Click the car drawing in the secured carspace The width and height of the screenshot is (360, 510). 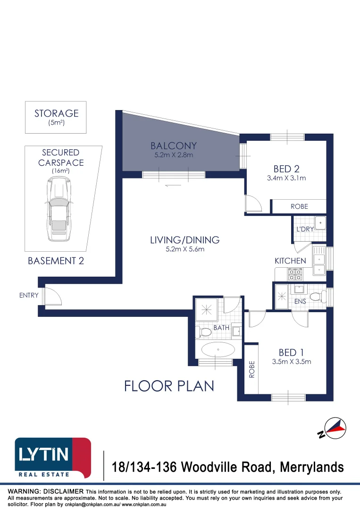[x=59, y=209]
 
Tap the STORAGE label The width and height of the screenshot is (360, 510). [x=57, y=113]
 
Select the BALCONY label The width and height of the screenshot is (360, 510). [x=174, y=146]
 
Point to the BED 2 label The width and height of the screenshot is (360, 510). [x=286, y=169]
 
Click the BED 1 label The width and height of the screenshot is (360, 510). [x=291, y=352]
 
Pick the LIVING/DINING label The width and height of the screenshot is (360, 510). [x=185, y=240]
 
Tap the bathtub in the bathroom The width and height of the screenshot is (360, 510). [x=218, y=350]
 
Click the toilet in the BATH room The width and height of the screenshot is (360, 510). [x=203, y=332]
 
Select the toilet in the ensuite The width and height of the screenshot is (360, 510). [x=318, y=296]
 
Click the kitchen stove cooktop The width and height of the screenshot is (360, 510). [x=295, y=274]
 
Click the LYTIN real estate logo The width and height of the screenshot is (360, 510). [x=53, y=458]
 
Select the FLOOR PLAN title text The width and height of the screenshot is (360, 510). [x=169, y=386]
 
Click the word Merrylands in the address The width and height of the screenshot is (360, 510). [x=312, y=467]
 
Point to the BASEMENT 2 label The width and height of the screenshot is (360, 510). [x=56, y=261]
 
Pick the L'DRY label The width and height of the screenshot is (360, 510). [x=305, y=229]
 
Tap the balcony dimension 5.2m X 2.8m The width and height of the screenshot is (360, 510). [x=174, y=155]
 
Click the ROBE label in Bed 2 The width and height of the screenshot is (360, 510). [x=299, y=206]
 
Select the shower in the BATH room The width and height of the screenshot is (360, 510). [x=206, y=310]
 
